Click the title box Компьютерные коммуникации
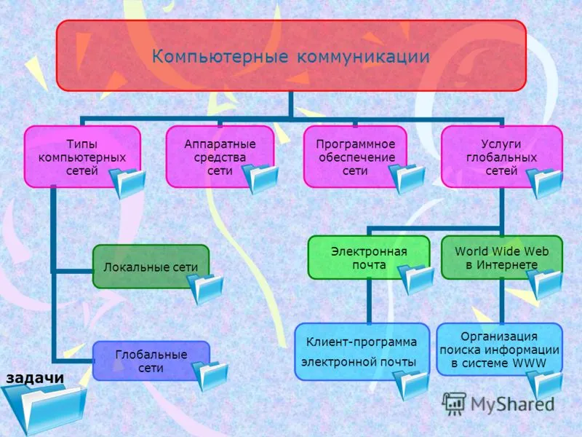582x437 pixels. pos(291,56)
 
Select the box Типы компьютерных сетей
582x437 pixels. pos(82,157)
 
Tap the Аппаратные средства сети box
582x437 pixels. pos(220,157)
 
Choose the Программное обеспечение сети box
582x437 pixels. pos(355,157)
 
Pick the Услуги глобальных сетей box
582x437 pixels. pos(501,157)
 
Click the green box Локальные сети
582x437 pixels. pos(151,266)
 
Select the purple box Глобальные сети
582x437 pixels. pos(151,361)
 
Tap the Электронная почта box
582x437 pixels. pos(369,258)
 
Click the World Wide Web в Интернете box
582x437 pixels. pos(502,258)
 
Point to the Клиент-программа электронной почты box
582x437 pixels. pos(362,352)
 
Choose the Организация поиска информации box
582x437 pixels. pos(500,350)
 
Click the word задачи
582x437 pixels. pos(35,378)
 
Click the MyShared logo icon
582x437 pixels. pos(453,403)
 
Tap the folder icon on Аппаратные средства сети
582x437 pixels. pos(260,179)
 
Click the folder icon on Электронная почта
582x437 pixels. pos(415,280)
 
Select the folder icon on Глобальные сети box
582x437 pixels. pos(210,376)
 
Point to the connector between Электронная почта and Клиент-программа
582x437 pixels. pos(369,302)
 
